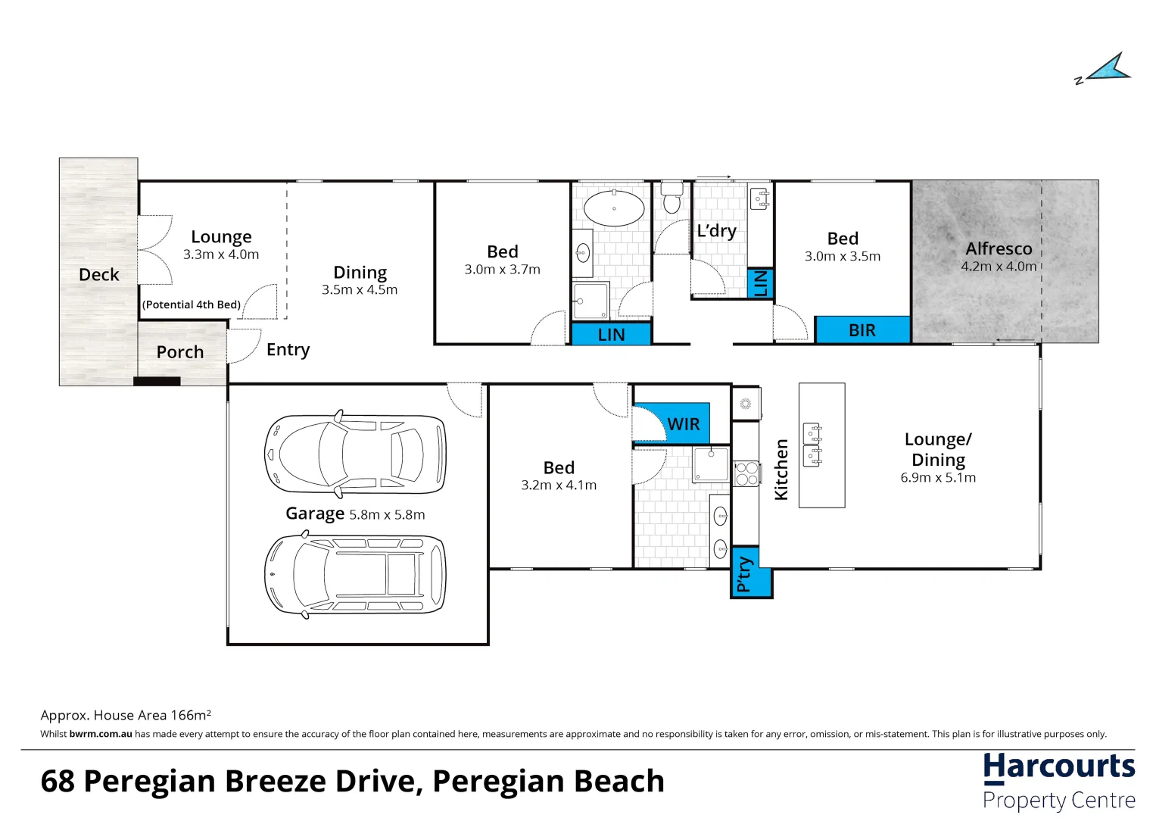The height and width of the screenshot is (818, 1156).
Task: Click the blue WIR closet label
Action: (x=684, y=424)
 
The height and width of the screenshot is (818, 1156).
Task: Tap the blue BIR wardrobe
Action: (x=862, y=330)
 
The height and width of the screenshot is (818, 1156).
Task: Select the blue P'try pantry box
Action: (x=751, y=572)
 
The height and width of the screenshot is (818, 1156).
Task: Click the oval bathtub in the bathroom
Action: (x=614, y=208)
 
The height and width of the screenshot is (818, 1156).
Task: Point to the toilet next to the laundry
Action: (x=671, y=197)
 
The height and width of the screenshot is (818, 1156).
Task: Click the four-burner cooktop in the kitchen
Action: (x=746, y=473)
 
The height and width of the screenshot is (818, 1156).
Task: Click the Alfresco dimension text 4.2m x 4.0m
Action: (x=998, y=267)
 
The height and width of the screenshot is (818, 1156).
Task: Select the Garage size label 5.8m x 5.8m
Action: (x=387, y=515)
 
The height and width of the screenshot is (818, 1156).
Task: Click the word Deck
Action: (x=98, y=274)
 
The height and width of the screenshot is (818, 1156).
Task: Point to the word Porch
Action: (x=179, y=352)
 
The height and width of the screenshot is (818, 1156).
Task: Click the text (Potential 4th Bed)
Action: (x=192, y=304)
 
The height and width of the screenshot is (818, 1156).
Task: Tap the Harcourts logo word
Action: (x=1059, y=766)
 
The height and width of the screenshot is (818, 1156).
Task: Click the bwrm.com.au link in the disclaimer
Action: (x=101, y=734)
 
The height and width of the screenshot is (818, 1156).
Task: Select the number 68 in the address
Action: (x=58, y=782)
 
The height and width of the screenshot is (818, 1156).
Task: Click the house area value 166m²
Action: (x=191, y=715)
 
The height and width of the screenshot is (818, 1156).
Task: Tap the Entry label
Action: (x=288, y=350)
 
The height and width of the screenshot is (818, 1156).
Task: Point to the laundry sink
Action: (x=759, y=199)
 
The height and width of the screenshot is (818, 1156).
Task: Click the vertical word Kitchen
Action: (x=781, y=470)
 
